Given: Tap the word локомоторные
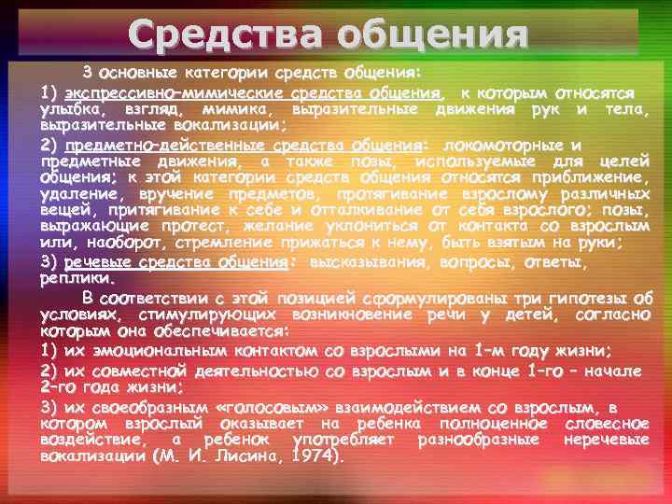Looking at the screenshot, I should [505, 146].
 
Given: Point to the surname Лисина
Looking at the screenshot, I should [245, 458].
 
